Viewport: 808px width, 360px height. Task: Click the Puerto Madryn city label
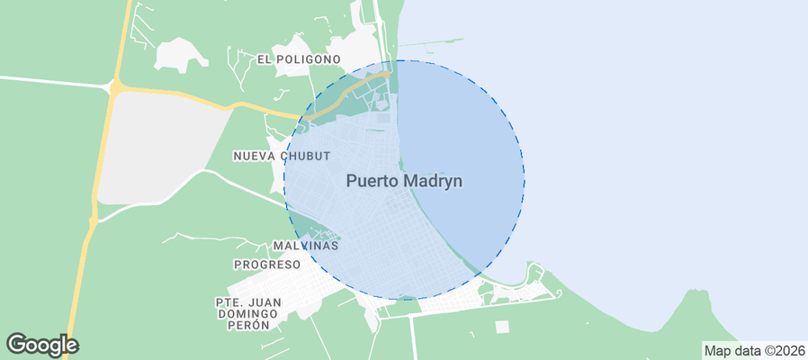click(404, 181)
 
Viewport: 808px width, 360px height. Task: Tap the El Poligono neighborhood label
click(299, 59)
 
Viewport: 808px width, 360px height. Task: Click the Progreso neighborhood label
click(266, 265)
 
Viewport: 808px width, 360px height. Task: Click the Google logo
click(42, 344)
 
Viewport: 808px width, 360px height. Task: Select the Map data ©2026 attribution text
click(754, 350)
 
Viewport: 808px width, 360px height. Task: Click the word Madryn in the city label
click(433, 181)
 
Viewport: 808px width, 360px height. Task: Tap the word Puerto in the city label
click(373, 181)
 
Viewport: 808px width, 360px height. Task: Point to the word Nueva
click(254, 156)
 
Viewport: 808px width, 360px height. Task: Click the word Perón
click(250, 325)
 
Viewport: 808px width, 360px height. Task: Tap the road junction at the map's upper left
click(116, 86)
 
